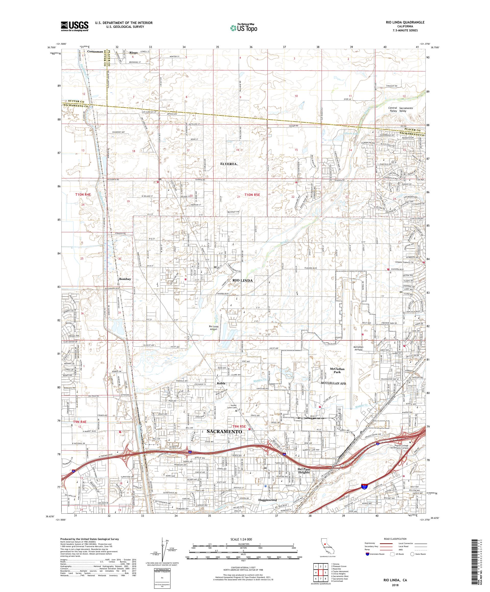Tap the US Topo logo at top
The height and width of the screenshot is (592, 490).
244,28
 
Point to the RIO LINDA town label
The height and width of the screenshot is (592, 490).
242,280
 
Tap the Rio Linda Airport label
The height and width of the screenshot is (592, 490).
213,328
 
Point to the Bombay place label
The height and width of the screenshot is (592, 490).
125,279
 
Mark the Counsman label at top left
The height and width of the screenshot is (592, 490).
95,52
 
